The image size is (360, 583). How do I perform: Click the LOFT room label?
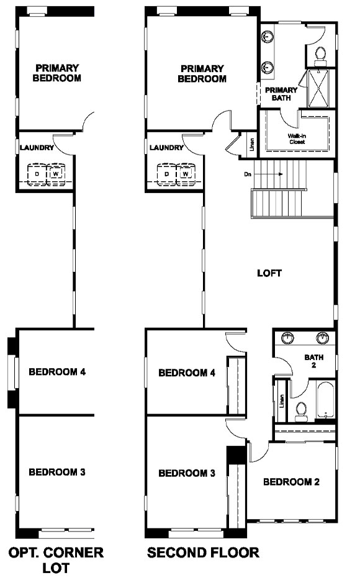(x=270, y=273)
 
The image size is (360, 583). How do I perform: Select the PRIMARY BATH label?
(x=281, y=94)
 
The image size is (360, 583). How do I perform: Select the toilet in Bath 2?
(x=301, y=411)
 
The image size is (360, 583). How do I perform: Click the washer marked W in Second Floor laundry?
(x=185, y=174)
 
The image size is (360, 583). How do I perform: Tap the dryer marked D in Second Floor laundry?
(x=166, y=174)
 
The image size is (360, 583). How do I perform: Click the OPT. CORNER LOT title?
(x=55, y=559)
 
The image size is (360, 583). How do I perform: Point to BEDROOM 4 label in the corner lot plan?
(x=57, y=373)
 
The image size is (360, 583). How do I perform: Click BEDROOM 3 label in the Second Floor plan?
(x=187, y=473)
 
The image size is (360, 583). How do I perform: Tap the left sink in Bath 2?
(x=288, y=339)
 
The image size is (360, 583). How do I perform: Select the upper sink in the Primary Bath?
(x=267, y=38)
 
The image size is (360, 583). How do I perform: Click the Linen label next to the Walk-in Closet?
(x=252, y=145)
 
